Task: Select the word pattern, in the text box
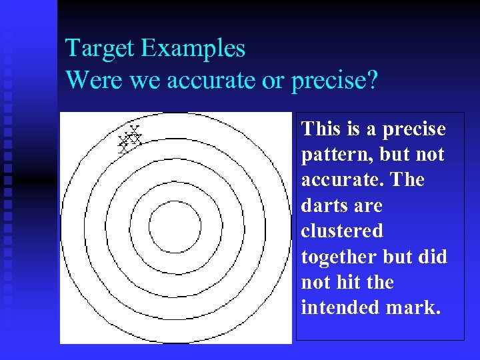337,155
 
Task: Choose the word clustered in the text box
342,231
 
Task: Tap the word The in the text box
409,180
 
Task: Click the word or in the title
273,80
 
